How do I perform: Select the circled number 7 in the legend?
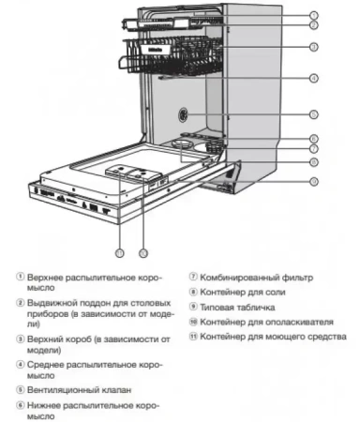click(x=192, y=278)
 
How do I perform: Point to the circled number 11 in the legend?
click(x=193, y=335)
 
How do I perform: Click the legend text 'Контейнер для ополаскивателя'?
click(x=267, y=321)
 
